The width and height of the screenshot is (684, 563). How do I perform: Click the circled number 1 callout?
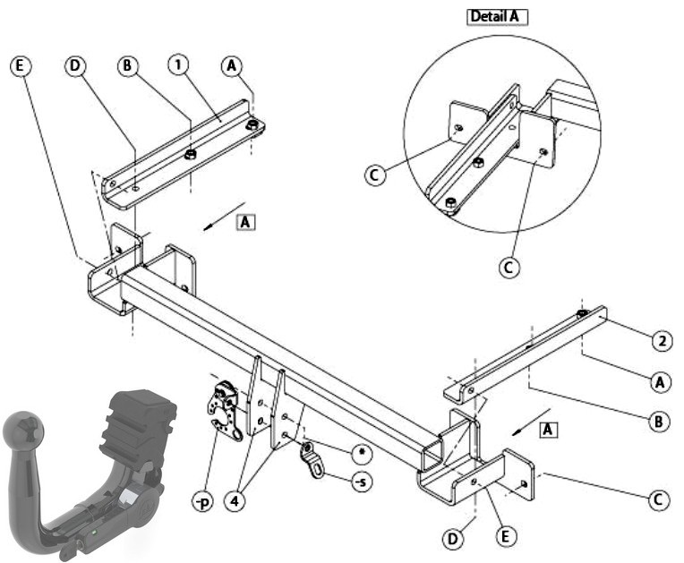pyautogui.click(x=177, y=65)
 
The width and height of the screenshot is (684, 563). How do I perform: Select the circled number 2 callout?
pyautogui.click(x=662, y=341)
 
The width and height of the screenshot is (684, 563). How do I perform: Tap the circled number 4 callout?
pyautogui.click(x=235, y=501)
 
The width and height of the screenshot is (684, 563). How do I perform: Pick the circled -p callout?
pyautogui.click(x=203, y=502)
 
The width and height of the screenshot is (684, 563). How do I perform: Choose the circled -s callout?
pyautogui.click(x=362, y=482)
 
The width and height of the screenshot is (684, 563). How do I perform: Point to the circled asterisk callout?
pyautogui.click(x=362, y=454)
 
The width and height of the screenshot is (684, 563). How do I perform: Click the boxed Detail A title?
pyautogui.click(x=497, y=17)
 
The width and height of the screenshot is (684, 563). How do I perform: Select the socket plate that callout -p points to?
pyautogui.click(x=224, y=409)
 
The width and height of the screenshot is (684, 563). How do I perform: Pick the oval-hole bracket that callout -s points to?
pyautogui.click(x=312, y=461)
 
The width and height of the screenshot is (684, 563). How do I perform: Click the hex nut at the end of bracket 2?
pyautogui.click(x=582, y=313)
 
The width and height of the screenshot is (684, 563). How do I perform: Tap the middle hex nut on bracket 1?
pyautogui.click(x=190, y=154)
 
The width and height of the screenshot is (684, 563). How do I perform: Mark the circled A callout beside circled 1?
pyautogui.click(x=231, y=65)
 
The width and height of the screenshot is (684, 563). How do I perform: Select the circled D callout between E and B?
pyautogui.click(x=75, y=65)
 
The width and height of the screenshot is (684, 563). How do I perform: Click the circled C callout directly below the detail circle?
pyautogui.click(x=509, y=267)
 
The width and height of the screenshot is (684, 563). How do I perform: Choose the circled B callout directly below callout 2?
pyautogui.click(x=659, y=422)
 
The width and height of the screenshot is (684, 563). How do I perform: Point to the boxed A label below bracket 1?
pyautogui.click(x=245, y=222)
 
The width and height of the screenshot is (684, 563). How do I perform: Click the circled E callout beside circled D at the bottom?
pyautogui.click(x=505, y=536)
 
